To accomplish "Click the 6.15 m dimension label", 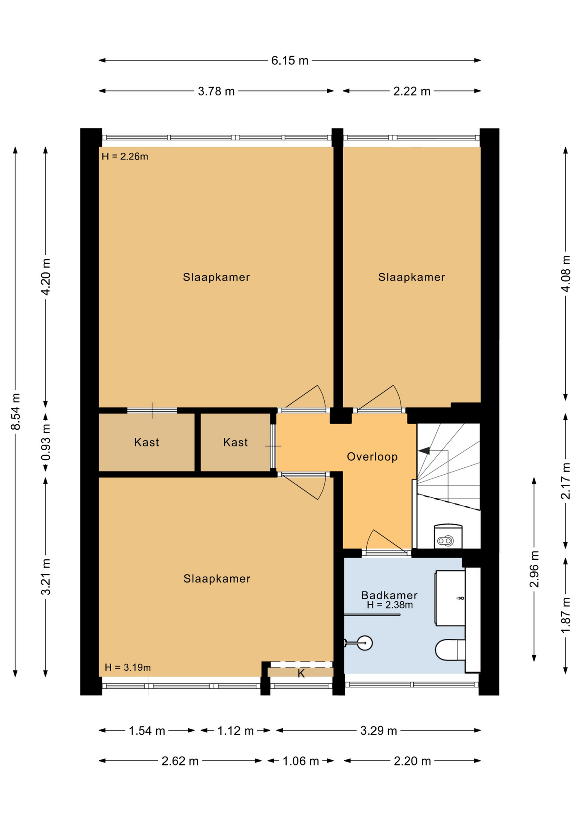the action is tap(290, 60).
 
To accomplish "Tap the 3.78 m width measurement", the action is tap(216, 91).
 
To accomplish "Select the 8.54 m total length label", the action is tap(15, 411).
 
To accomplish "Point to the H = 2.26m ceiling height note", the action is tap(125, 157).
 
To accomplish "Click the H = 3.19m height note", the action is tap(127, 667).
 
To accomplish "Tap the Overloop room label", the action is tap(372, 457).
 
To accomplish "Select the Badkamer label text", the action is tap(389, 595).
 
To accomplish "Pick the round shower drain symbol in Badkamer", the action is tap(365, 643).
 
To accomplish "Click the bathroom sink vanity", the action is tap(450, 598).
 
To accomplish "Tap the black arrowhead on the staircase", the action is tap(424, 451).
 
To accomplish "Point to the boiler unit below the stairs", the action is tap(448, 536).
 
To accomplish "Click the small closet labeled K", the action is tap(301, 673).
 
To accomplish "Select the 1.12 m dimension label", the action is tap(235, 731).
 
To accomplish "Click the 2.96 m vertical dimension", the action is tap(534, 569).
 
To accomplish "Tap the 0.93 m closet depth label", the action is tap(46, 442).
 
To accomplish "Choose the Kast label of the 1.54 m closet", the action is tap(146, 442).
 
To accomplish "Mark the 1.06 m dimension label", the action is tap(301, 761).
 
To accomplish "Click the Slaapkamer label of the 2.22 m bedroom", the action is tap(412, 277).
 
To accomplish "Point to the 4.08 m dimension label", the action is tap(566, 274).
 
